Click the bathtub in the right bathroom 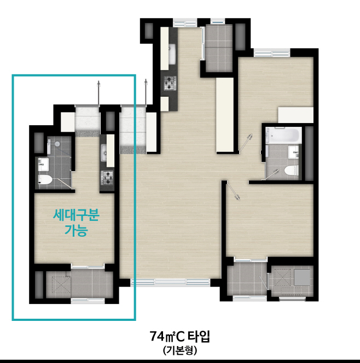pos(284,135)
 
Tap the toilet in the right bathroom pos(291,171)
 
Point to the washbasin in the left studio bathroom pos(43,164)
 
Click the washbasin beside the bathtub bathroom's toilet pos(293,152)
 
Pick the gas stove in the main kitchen pos(170,83)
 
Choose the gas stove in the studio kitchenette pos(107,178)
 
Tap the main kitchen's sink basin pos(172,55)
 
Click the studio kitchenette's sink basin pos(104,153)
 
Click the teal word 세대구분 pos(77,215)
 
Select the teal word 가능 pos(76,230)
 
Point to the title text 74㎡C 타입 pos(180,336)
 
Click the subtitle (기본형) pos(180,350)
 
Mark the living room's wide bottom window pos(170,283)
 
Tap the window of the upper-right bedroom pos(272,53)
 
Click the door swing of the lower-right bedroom pos(234,191)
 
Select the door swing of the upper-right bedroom pos(246,142)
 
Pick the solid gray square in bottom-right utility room pos(302,277)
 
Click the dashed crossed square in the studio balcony pos(61,285)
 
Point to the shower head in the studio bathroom pos(57,144)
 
